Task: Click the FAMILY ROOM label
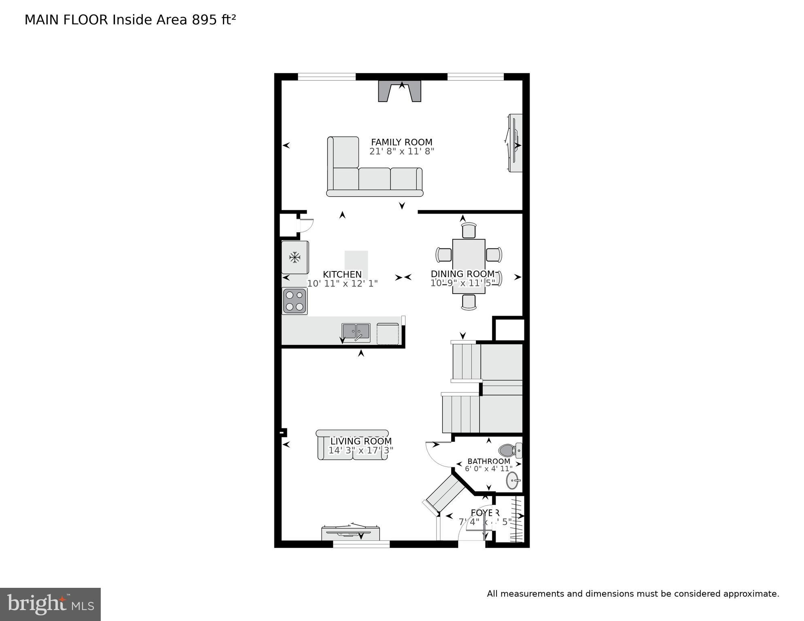401,142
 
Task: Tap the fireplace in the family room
400,92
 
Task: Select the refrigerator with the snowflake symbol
295,257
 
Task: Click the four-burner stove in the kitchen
295,301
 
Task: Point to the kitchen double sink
356,332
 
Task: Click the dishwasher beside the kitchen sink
388,334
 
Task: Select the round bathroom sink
512,481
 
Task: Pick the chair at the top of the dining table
469,231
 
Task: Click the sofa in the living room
352,445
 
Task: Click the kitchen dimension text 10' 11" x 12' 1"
342,284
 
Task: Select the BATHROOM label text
488,461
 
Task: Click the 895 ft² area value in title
214,20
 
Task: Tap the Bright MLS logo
50,604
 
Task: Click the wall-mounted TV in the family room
515,143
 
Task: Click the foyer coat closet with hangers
511,519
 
